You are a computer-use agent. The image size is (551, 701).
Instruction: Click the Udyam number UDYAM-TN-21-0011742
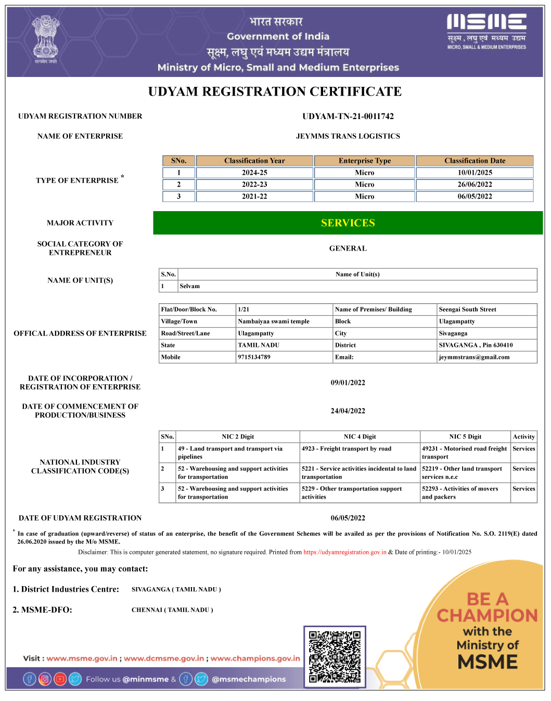348,116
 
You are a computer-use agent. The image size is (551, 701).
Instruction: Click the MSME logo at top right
486,31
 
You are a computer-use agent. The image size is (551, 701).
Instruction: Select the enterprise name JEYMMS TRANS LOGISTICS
348,136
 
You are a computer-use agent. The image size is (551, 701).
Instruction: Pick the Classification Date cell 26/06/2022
475,185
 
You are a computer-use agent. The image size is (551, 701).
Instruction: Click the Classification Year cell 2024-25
254,173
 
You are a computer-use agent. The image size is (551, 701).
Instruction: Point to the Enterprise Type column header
364,161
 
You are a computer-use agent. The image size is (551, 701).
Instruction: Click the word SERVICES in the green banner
348,223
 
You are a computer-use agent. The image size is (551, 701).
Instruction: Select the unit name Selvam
190,286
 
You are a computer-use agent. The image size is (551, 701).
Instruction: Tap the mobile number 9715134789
254,357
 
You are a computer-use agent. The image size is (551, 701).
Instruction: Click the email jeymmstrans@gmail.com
474,357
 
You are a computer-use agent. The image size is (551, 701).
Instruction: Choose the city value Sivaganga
453,333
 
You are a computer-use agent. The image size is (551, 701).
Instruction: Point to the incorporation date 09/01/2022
348,383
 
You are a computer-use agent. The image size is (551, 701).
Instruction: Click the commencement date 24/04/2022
348,411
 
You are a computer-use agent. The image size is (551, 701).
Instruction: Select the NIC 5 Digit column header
465,437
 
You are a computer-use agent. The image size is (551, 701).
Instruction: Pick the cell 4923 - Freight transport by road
347,449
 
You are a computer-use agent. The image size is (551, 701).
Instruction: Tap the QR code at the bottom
335,657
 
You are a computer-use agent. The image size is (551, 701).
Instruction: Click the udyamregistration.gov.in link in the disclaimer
344,552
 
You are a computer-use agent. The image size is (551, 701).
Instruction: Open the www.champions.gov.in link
255,658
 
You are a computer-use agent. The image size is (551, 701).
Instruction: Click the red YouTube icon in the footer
60,679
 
